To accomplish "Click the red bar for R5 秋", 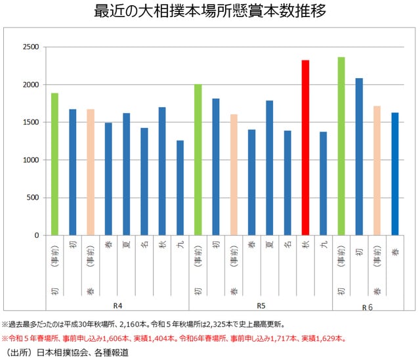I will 305,148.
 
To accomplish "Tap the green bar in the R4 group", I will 54,164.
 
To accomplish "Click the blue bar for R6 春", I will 394,173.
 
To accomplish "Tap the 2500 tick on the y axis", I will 30,47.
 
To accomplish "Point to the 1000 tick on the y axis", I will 30,160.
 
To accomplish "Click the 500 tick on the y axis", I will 33,198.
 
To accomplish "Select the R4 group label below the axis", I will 117,306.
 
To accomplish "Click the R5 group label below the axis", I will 261,306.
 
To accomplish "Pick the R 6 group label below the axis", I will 367,307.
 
